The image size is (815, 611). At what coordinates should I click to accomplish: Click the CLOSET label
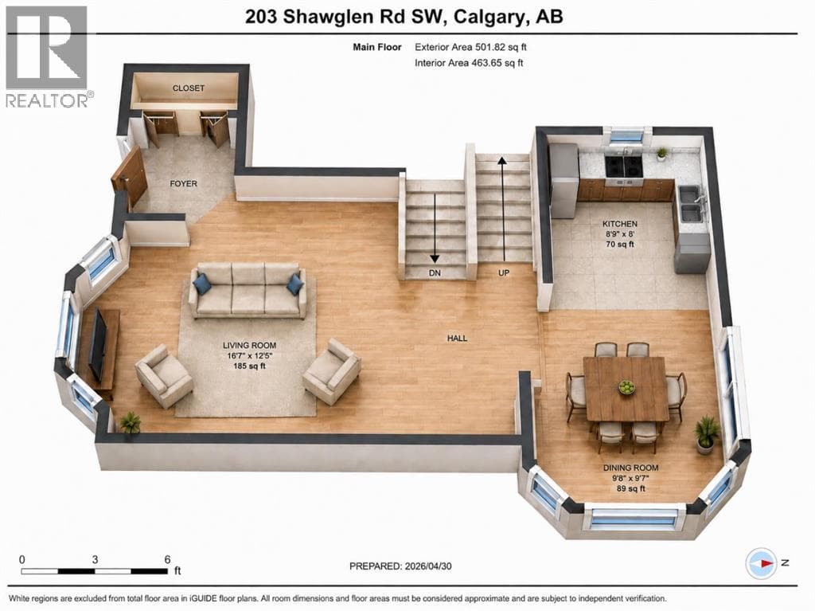click(188, 88)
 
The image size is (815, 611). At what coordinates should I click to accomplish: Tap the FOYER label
click(184, 183)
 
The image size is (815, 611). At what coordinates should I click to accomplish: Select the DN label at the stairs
click(435, 272)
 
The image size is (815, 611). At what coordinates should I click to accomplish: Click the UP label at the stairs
click(504, 272)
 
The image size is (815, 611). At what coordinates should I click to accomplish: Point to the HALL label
click(458, 338)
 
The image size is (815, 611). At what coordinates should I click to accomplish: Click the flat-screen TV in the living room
click(98, 344)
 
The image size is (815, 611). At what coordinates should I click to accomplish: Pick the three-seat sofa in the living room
click(248, 291)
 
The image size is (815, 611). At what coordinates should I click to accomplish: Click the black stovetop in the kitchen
click(625, 166)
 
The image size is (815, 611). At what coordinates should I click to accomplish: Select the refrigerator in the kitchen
click(563, 180)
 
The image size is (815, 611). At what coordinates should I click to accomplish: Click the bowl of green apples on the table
click(627, 386)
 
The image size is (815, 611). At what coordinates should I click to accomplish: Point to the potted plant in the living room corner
click(130, 422)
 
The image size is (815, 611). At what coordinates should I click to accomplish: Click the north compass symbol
click(762, 563)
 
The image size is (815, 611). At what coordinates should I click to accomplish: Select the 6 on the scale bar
click(167, 559)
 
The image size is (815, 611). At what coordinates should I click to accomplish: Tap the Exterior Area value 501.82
click(489, 47)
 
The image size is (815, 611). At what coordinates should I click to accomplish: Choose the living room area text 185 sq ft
click(249, 366)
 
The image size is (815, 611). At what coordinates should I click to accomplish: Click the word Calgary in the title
click(488, 18)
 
